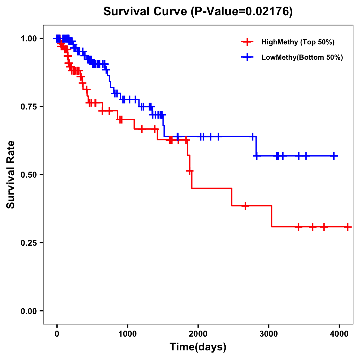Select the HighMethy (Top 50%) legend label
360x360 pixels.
coord(298,42)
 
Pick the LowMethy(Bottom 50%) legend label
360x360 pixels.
coord(302,58)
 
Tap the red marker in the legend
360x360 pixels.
coord(247,42)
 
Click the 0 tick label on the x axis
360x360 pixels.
coord(57,334)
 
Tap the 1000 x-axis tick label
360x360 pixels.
coord(127,334)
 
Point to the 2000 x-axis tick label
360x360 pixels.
coord(198,334)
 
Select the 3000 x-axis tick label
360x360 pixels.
coord(268,334)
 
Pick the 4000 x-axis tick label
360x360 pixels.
coord(339,334)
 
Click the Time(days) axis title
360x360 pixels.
coord(198,347)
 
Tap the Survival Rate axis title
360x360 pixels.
coord(11,175)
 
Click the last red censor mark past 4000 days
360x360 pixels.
coord(347,227)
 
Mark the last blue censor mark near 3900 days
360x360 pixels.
coord(334,156)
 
